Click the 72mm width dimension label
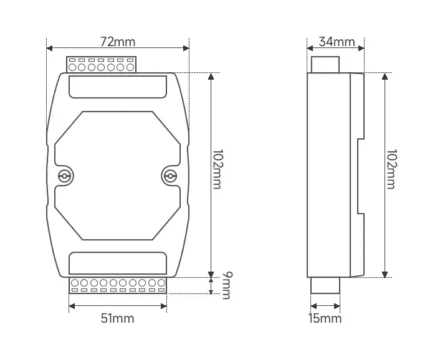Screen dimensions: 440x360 (x=118, y=42)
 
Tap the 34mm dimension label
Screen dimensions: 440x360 (x=337, y=42)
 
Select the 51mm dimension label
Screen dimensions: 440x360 (x=118, y=318)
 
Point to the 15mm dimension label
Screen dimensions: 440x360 (x=325, y=318)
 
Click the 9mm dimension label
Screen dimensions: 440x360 (x=227, y=285)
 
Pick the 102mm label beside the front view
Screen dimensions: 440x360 (x=217, y=169)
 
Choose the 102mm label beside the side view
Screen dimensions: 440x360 (x=391, y=169)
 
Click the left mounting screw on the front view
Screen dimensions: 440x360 (x=64, y=176)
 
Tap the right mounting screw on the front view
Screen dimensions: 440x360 (x=170, y=176)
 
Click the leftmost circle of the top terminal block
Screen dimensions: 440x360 (x=72, y=67)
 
